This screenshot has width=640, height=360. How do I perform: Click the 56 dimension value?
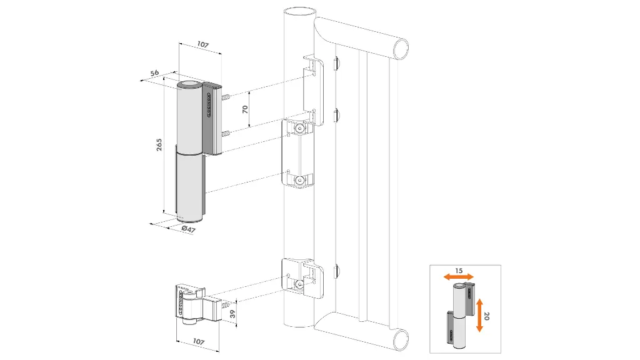pyautogui.click(x=154, y=74)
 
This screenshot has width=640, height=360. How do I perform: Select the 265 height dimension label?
pyautogui.click(x=160, y=146)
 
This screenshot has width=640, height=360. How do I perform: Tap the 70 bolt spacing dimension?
pyautogui.click(x=246, y=109)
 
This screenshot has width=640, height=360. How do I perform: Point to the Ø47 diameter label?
pyautogui.click(x=188, y=229)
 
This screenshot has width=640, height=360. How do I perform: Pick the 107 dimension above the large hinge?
pyautogui.click(x=202, y=45)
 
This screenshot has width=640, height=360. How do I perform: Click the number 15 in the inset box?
pyautogui.click(x=459, y=271)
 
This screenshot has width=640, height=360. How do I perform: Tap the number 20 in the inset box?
pyautogui.click(x=486, y=316)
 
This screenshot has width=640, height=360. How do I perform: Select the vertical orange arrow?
pyautogui.click(x=479, y=315)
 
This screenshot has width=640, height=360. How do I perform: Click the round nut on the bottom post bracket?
pyautogui.click(x=300, y=285)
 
